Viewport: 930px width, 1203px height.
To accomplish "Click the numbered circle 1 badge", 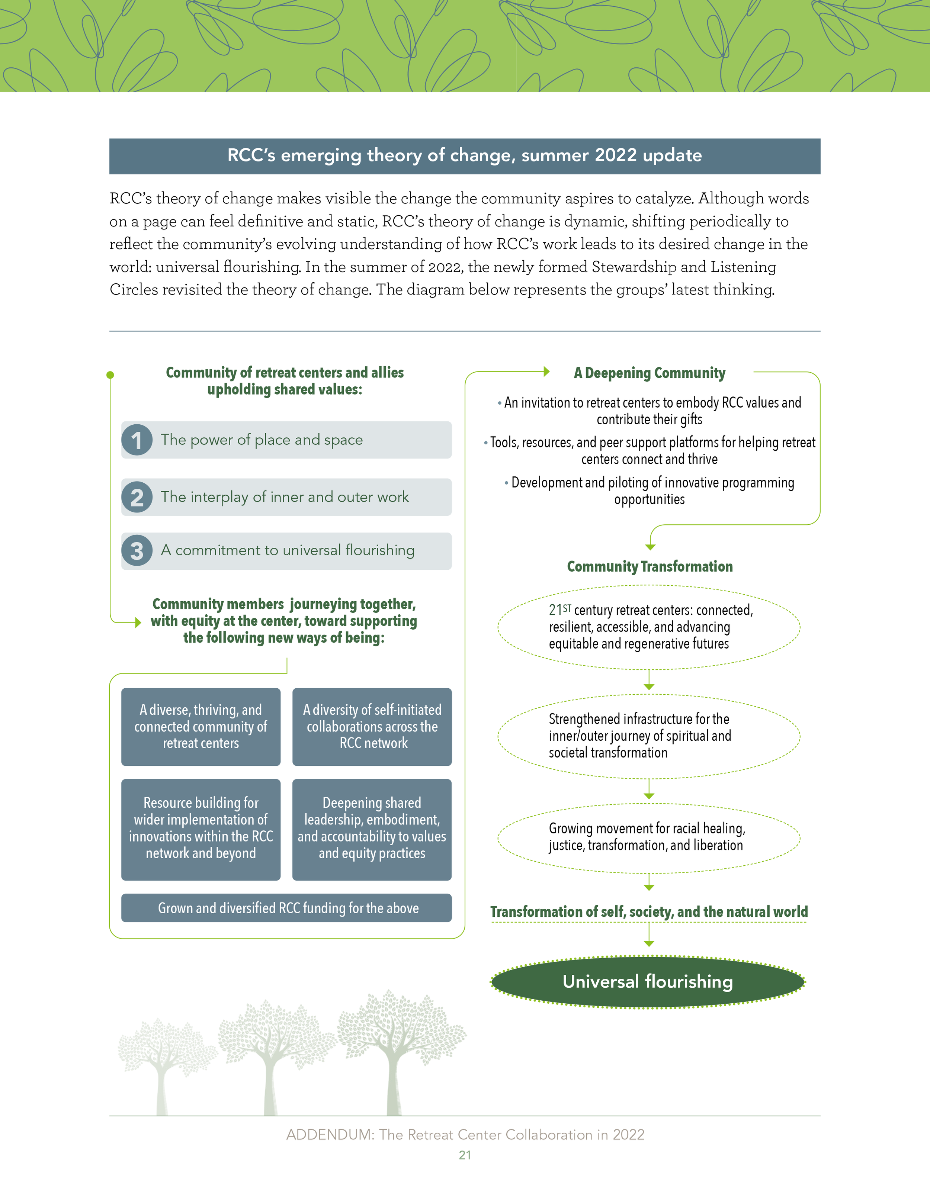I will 137,440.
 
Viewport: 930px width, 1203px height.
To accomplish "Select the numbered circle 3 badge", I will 137,551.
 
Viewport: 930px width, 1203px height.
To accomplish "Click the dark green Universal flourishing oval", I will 648,982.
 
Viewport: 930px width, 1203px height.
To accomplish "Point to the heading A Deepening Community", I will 650,373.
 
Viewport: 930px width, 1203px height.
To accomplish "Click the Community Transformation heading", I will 650,567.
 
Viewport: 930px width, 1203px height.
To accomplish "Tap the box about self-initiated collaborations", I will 372,727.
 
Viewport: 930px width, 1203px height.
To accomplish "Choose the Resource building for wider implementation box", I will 201,829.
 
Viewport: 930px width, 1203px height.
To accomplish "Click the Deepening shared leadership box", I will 372,829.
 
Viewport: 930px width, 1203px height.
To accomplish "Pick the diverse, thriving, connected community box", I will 201,727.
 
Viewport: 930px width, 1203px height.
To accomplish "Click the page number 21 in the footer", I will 465,1155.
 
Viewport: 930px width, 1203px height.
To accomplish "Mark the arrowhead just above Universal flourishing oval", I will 649,943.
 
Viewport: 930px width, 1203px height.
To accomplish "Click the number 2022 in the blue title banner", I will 615,156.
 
